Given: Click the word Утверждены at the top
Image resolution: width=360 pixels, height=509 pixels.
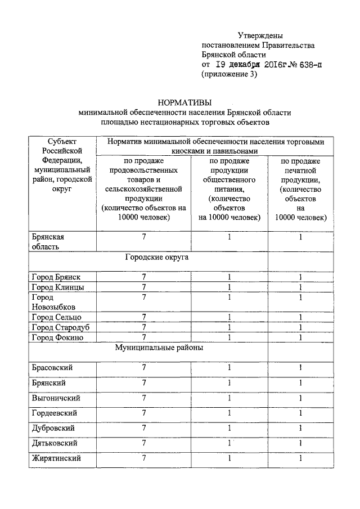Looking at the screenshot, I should [x=260, y=35].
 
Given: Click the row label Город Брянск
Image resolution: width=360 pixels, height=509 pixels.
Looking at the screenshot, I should [x=56, y=277].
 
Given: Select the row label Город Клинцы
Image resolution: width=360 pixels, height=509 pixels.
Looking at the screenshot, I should [x=58, y=287].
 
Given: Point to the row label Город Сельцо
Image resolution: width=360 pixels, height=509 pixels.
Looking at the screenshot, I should [x=57, y=317].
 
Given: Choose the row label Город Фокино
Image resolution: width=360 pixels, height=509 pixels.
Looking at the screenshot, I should [x=58, y=337].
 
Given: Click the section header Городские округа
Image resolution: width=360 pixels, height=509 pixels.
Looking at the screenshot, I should [x=156, y=258].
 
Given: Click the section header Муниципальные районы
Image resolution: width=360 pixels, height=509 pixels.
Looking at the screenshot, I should [x=159, y=348].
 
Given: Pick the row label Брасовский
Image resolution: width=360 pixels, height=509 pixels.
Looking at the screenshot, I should [x=52, y=368].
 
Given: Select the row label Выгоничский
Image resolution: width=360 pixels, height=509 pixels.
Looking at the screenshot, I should [x=56, y=398].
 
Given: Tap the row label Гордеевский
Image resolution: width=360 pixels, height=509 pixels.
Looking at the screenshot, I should [x=55, y=413].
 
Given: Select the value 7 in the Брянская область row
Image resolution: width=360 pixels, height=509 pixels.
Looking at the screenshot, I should [x=144, y=237].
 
